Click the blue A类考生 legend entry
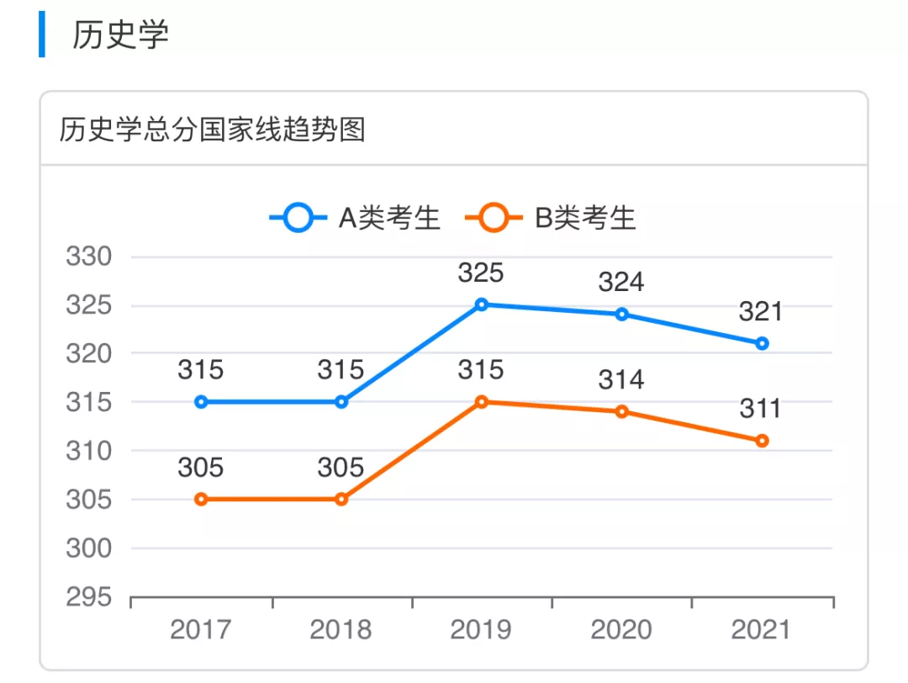356,219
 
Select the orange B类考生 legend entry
552,219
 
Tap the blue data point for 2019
482,304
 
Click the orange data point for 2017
201,499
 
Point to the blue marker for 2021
762,343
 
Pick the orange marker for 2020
621,411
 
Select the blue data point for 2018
341,402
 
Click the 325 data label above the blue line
481,273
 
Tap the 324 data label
621,282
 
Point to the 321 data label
761,312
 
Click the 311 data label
761,410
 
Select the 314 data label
621,380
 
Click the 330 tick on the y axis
88,257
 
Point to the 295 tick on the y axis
88,597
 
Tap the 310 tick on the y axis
88,451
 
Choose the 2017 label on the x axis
201,630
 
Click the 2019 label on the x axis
481,630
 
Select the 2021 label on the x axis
761,630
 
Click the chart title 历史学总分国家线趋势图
212,130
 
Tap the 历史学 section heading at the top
120,34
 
